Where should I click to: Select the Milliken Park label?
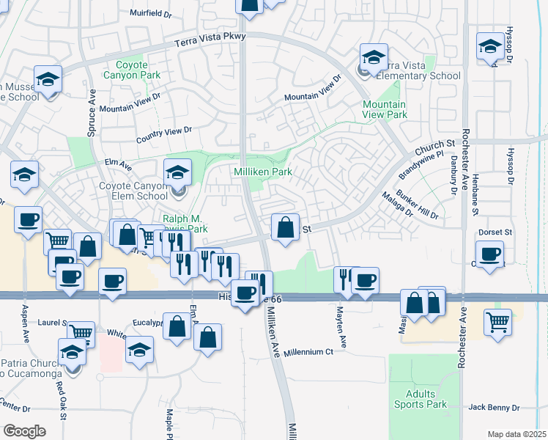[262, 172]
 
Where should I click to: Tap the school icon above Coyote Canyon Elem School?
[177, 173]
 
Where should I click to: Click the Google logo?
[24, 431]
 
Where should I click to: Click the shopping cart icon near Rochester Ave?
[497, 321]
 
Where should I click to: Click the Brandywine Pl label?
[421, 166]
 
